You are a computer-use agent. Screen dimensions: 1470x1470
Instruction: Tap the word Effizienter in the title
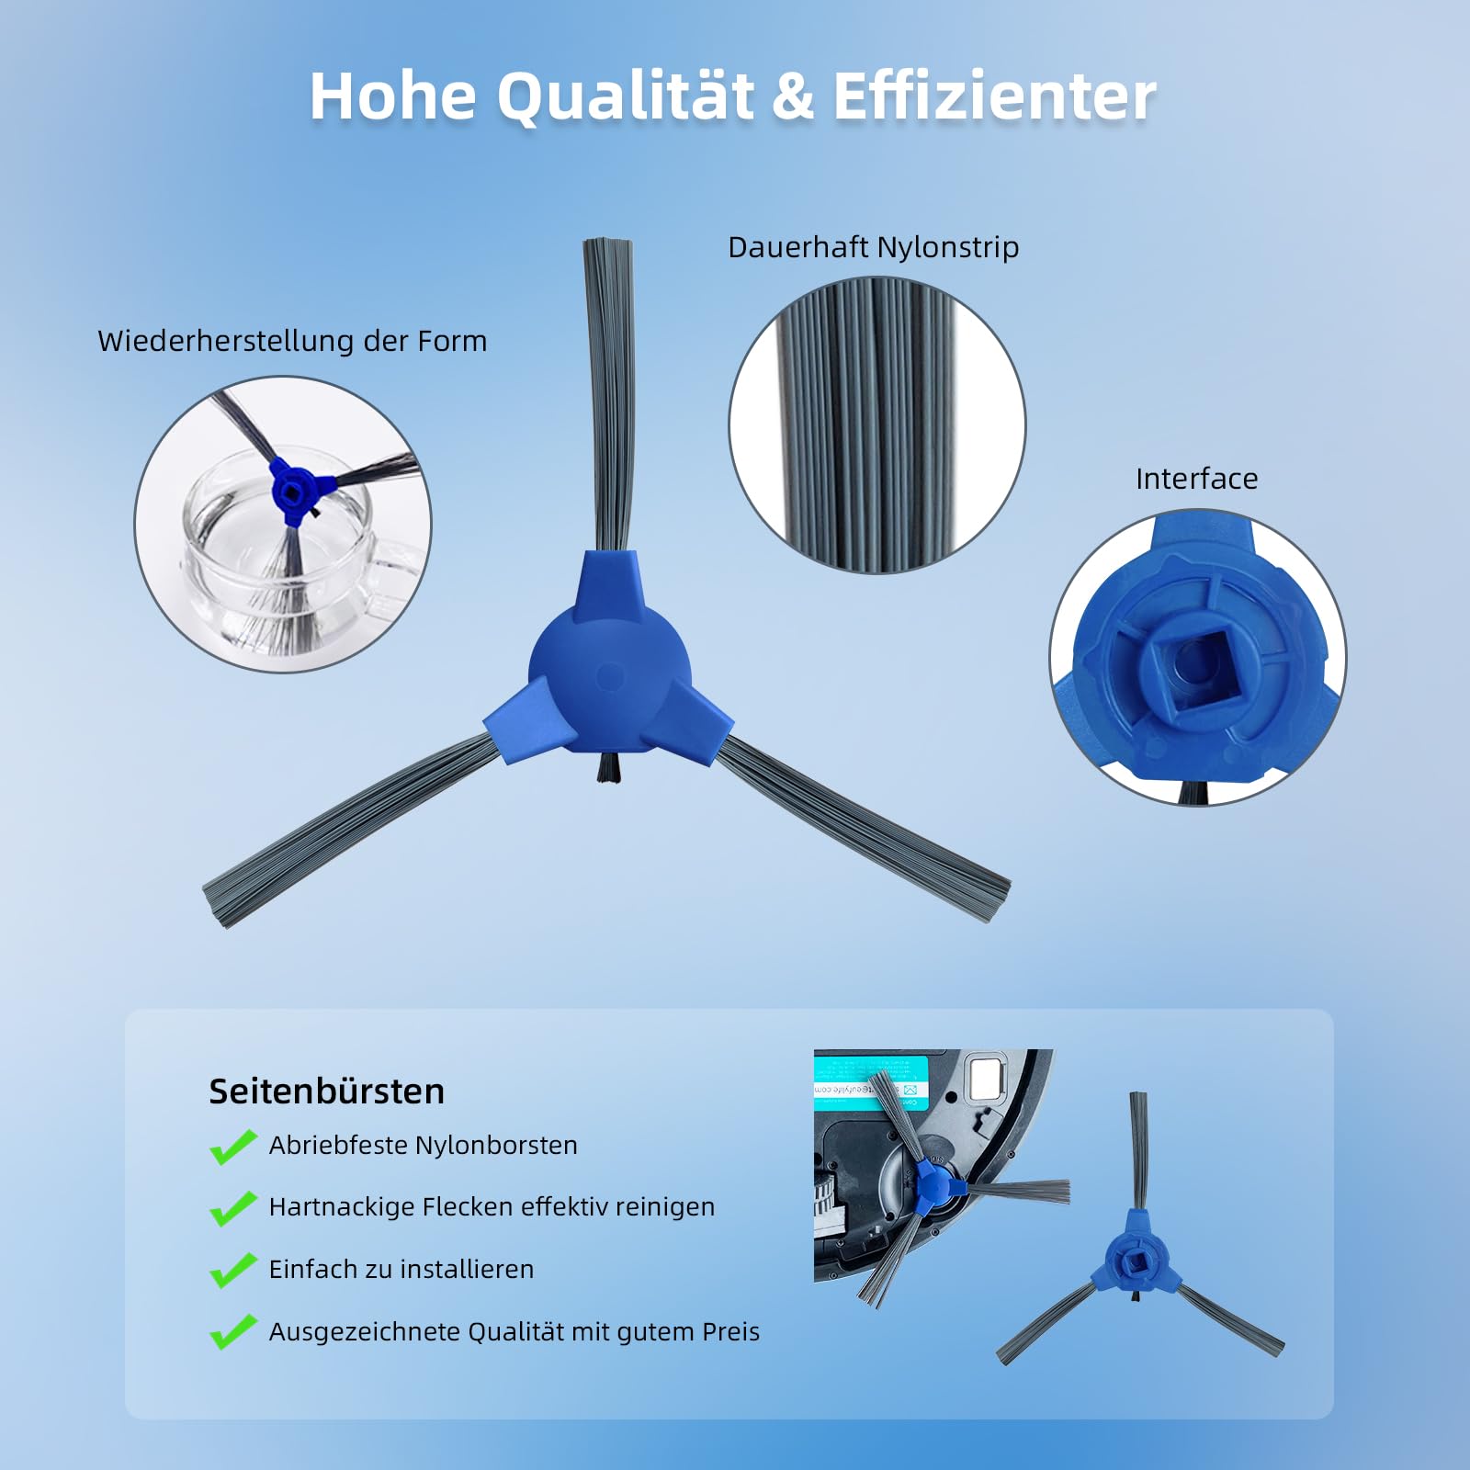pyautogui.click(x=994, y=96)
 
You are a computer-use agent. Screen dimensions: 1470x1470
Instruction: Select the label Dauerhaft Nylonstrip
pyautogui.click(x=874, y=247)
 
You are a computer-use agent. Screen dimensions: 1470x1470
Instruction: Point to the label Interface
pyautogui.click(x=1196, y=479)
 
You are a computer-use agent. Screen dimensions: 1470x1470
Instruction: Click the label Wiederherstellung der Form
pyautogui.click(x=292, y=341)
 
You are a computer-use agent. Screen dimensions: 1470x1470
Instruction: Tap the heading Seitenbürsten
pyautogui.click(x=327, y=1091)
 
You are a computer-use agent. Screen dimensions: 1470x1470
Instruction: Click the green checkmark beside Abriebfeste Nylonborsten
pyautogui.click(x=233, y=1147)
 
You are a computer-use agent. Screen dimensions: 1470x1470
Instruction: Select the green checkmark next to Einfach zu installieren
pyautogui.click(x=233, y=1271)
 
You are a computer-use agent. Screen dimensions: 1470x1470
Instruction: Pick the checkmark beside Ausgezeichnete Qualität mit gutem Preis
pyautogui.click(x=233, y=1332)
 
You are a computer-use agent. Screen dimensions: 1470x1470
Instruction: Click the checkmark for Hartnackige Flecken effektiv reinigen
pyautogui.click(x=233, y=1208)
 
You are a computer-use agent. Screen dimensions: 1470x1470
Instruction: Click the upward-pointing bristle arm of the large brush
pyautogui.click(x=608, y=395)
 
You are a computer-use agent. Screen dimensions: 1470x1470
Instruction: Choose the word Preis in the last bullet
pyautogui.click(x=730, y=1332)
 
